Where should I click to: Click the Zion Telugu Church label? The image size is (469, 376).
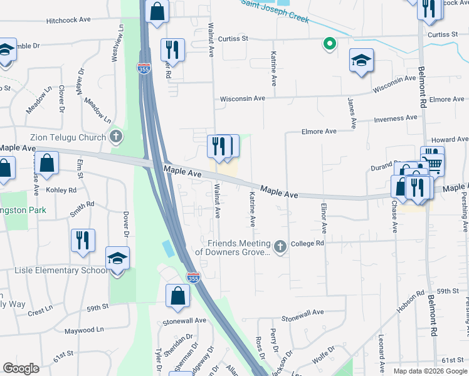tap(68, 137)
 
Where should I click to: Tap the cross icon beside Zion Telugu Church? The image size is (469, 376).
tap(115, 135)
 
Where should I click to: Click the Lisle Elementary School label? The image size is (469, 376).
tap(60, 271)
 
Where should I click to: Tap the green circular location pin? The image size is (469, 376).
tap(328, 44)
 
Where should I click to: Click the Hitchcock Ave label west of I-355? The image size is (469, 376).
tap(69, 20)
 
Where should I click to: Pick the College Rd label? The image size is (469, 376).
tap(307, 243)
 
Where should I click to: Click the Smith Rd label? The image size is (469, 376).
tap(82, 209)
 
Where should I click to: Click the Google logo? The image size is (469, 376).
tap(21, 368)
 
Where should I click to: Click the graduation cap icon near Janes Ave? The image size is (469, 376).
tap(361, 60)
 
